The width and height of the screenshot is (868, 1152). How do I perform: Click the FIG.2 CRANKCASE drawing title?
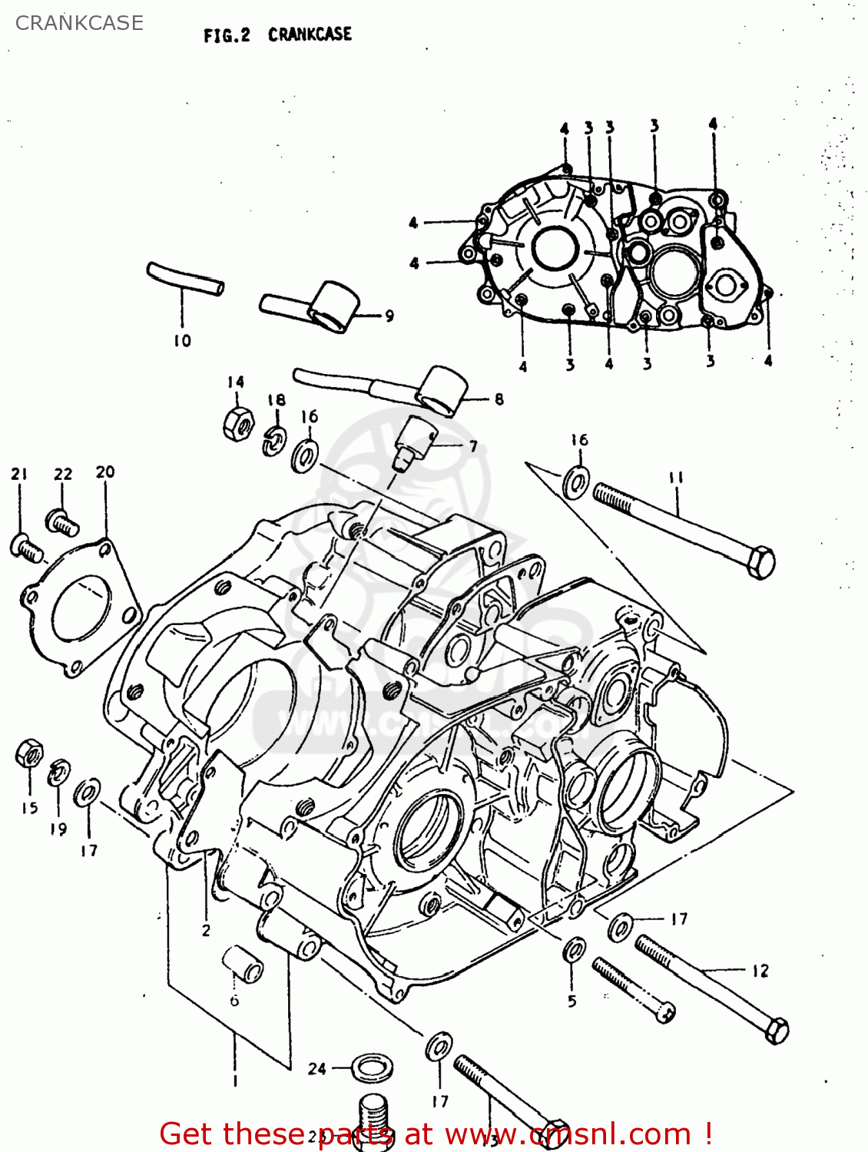(277, 35)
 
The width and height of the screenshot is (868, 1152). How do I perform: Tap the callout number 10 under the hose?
(182, 340)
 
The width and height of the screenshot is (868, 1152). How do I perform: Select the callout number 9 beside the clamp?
(389, 316)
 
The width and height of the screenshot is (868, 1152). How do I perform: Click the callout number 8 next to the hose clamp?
(499, 399)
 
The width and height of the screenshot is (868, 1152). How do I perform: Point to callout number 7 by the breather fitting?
(473, 445)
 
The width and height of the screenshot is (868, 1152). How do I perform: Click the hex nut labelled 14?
(238, 422)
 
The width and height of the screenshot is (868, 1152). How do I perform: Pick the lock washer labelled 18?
(274, 440)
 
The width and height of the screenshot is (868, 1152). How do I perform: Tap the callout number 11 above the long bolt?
(676, 478)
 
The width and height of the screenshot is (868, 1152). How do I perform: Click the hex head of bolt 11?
(760, 562)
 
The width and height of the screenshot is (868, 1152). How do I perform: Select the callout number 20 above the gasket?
(105, 472)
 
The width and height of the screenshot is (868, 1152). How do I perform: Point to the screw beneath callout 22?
(62, 522)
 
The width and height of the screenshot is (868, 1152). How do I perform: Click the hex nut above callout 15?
(29, 753)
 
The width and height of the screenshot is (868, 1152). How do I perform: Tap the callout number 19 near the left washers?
(58, 829)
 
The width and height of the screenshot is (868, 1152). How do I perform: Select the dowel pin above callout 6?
(243, 964)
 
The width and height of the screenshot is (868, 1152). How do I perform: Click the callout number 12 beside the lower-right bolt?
(760, 971)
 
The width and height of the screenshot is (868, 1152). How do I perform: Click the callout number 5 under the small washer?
(571, 1001)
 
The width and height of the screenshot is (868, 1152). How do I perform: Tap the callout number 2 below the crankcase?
(206, 930)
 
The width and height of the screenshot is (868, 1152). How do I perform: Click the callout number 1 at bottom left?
(235, 1081)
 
